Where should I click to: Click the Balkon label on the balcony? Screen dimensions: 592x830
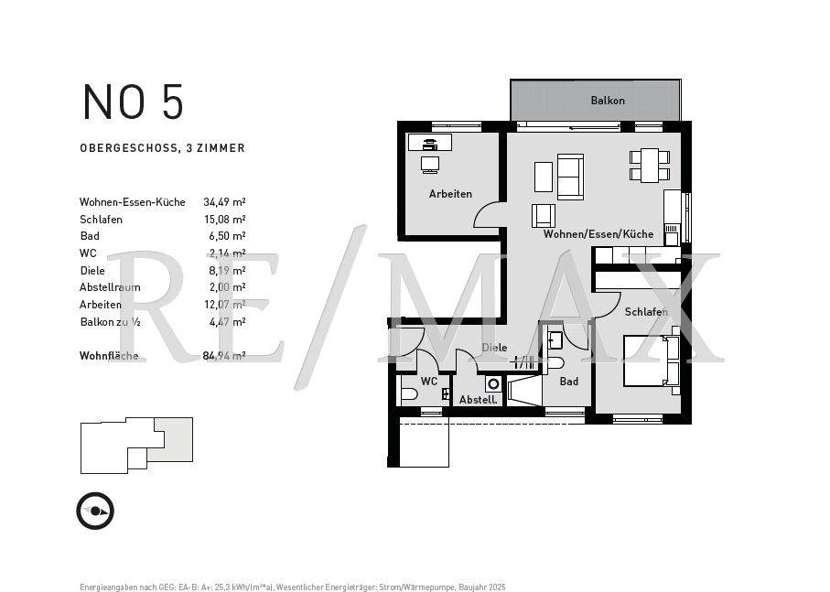point(608,101)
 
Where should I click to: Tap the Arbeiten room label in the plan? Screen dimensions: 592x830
point(450,194)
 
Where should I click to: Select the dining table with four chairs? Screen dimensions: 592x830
point(650,166)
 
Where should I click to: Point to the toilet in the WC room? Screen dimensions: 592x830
point(409,394)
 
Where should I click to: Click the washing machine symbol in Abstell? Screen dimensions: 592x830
point(493,384)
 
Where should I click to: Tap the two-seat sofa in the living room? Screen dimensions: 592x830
point(570,177)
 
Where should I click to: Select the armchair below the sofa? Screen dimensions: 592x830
point(544,216)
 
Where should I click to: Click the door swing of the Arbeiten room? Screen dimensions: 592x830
point(488,216)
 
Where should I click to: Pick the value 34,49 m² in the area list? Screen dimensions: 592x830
point(223,202)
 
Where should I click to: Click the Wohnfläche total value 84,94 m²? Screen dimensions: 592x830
point(223,356)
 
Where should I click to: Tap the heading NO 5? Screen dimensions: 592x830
point(133,102)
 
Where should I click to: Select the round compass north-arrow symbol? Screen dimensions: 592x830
point(95,511)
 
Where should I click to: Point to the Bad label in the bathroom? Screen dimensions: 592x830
point(568,382)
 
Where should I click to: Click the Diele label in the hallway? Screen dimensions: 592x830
point(494,348)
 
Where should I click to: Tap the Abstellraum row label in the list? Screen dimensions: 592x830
point(110,287)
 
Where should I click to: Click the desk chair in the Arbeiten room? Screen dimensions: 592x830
point(429,164)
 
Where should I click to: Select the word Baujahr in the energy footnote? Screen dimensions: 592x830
point(469,587)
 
